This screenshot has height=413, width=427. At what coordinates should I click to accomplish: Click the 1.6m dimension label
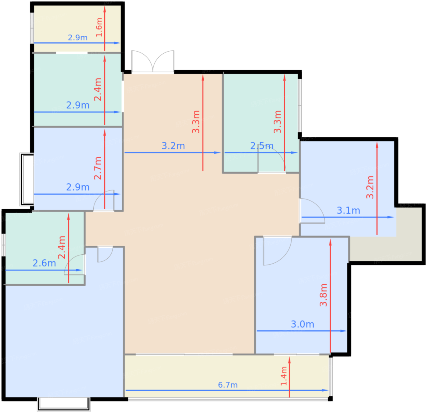click(x=99, y=27)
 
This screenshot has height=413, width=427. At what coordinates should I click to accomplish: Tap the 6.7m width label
click(x=228, y=385)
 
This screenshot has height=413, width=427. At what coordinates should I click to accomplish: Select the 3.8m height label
click(x=323, y=295)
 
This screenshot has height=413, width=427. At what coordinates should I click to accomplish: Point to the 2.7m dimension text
click(x=98, y=168)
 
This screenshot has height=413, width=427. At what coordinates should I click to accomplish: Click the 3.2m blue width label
click(x=173, y=146)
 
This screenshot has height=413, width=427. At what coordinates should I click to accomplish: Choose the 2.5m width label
click(x=262, y=146)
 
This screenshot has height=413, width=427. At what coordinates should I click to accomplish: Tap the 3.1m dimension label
click(x=348, y=210)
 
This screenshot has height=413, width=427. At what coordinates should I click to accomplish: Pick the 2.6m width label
click(x=44, y=263)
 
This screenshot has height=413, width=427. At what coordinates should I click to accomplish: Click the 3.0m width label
click(x=302, y=324)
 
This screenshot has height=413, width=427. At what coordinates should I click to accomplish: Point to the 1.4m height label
click(x=284, y=376)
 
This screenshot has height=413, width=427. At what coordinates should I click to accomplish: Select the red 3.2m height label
click(x=370, y=187)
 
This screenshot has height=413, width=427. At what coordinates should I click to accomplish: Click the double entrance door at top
click(x=153, y=62)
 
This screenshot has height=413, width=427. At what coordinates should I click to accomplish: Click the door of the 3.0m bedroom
click(x=277, y=251)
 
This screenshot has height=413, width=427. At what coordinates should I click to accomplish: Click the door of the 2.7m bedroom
click(x=104, y=201)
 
